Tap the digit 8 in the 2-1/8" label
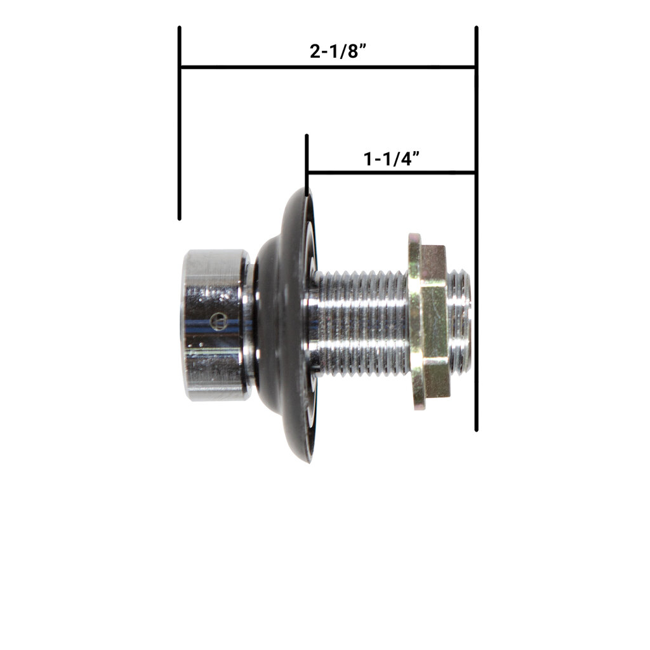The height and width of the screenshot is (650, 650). pos(357,51)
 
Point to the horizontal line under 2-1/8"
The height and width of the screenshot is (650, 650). pos(327,67)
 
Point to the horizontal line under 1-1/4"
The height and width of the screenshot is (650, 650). pos(390,172)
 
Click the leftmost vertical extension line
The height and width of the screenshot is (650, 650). pos(180,124)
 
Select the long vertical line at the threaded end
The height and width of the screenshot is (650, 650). pos(476,254)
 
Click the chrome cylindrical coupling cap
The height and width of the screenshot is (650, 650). pos(215,325)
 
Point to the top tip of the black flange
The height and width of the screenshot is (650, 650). pos(307,190)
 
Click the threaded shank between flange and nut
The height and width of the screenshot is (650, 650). pos(362,322)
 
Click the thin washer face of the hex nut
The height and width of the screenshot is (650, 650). pos(415,321)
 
